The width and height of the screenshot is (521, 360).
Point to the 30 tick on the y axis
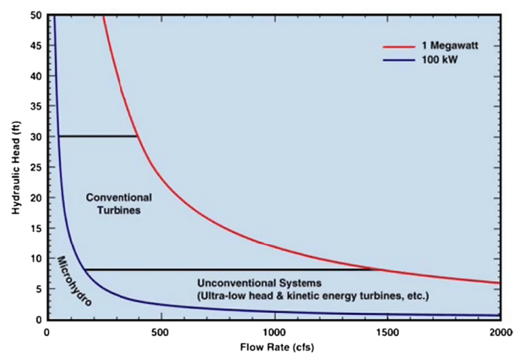click(x=36, y=136)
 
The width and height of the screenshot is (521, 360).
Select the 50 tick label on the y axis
click(x=36, y=14)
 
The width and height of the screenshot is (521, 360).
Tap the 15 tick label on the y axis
click(x=36, y=228)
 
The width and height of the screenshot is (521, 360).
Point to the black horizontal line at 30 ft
click(x=97, y=136)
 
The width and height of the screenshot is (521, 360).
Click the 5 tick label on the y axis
click(x=38, y=289)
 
